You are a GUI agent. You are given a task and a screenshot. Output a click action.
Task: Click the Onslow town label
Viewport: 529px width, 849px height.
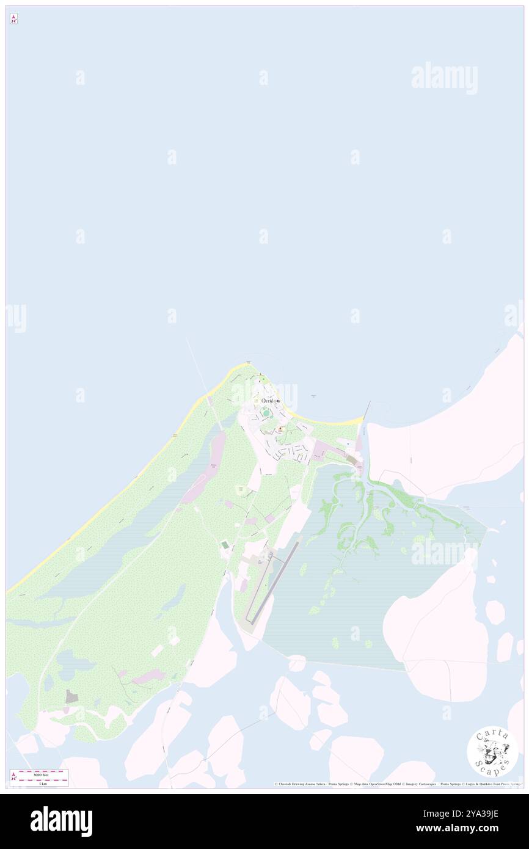pos(271,401)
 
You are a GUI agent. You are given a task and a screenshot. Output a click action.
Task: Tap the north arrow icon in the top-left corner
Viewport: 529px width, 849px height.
pos(13,19)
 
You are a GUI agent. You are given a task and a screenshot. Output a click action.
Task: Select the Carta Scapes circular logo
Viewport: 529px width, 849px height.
pos(492,751)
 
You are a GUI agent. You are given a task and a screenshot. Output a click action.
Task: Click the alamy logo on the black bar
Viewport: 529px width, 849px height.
pos(61,821)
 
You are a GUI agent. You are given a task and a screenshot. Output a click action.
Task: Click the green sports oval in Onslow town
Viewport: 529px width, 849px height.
pos(266,414)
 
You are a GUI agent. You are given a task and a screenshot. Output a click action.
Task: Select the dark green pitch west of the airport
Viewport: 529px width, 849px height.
pos(225,544)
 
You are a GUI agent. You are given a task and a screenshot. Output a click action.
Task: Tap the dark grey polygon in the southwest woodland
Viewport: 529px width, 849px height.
pos(72,696)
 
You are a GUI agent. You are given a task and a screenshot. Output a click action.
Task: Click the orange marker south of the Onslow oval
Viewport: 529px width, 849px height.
pos(280,429)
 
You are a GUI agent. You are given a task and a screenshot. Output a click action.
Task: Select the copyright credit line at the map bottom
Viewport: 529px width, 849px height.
pos(397,784)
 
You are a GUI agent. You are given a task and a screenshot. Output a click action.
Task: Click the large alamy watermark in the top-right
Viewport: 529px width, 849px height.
pos(444,78)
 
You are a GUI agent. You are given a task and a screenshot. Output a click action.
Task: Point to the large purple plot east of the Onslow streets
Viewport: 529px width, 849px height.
pos(320,453)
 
